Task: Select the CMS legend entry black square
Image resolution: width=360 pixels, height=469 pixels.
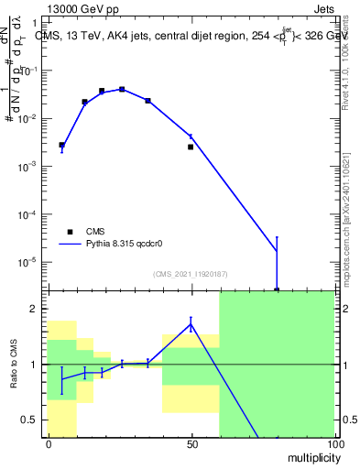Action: click(70, 232)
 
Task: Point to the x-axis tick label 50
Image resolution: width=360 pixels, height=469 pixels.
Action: click(191, 444)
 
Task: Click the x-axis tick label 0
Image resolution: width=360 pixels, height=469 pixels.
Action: click(48, 444)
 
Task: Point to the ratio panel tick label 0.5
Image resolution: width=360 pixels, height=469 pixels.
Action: click(31, 420)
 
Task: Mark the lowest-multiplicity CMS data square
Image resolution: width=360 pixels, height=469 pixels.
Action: click(61, 145)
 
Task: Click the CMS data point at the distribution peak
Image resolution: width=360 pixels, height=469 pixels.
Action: click(122, 89)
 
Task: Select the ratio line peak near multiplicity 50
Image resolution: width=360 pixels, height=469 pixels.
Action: click(191, 322)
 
